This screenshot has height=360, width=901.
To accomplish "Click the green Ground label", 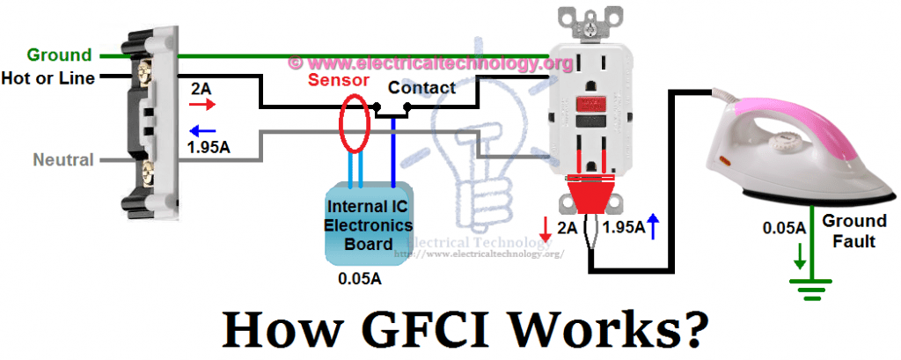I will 59,55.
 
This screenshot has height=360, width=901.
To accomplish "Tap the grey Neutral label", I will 62,160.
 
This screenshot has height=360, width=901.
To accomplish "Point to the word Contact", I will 421,88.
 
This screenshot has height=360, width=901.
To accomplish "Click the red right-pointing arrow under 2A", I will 202,104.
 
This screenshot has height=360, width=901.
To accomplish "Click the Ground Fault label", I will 850,231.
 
